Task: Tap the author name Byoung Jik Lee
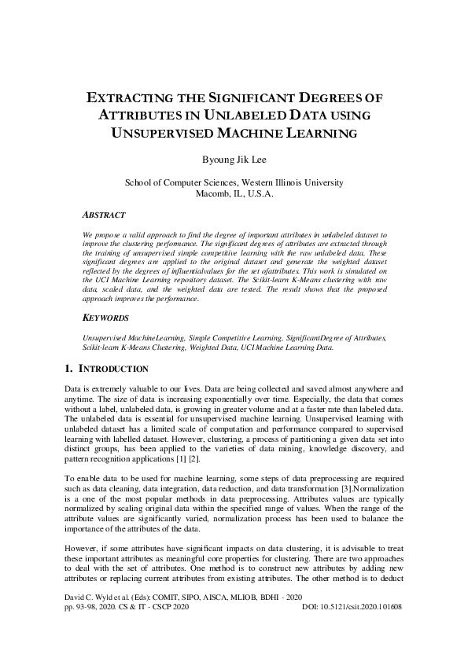tap(234, 159)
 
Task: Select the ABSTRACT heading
tap(103, 214)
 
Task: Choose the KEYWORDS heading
tap(105, 318)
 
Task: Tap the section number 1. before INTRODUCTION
tap(68, 368)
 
